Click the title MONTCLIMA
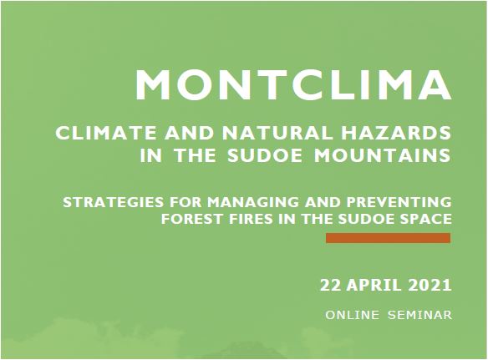[x=292, y=84]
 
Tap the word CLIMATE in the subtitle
[x=106, y=133]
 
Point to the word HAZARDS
[x=396, y=133]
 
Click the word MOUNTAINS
[x=382, y=155]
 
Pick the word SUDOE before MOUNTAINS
[x=265, y=155]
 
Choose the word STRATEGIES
[x=114, y=202]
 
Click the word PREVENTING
[x=399, y=202]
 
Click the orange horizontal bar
[x=388, y=238]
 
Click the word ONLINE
[x=353, y=315]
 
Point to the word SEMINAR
[x=419, y=315]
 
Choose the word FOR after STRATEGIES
[x=186, y=202]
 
